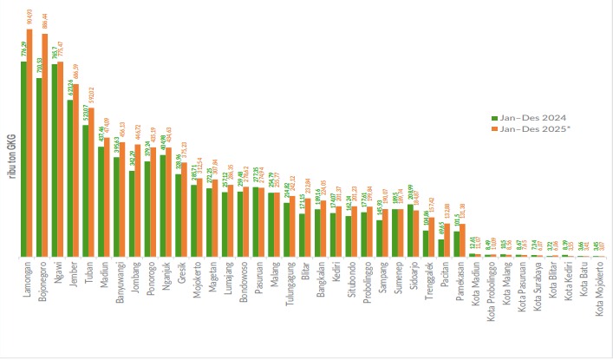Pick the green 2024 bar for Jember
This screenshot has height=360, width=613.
point(70,179)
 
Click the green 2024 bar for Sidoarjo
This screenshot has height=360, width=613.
point(409,231)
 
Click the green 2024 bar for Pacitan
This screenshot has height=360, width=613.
point(441,248)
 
